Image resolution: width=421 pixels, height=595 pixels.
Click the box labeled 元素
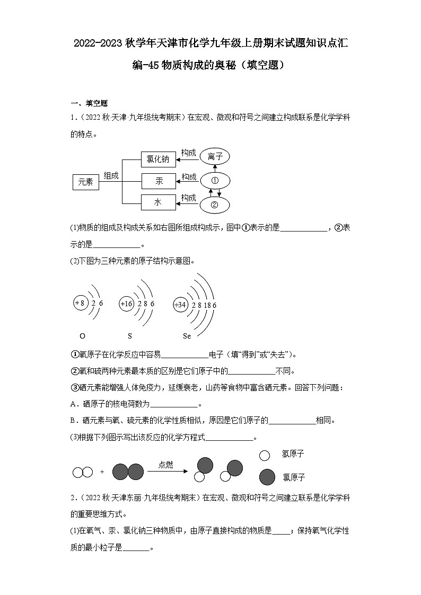(86, 182)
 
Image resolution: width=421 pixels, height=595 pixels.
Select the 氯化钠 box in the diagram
(158, 159)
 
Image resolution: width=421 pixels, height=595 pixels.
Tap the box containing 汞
(158, 181)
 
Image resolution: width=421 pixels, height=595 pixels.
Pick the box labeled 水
(158, 202)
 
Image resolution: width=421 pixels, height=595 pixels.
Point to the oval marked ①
(215, 181)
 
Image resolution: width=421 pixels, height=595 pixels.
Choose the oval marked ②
(214, 205)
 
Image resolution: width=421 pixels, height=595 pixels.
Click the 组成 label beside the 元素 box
(111, 176)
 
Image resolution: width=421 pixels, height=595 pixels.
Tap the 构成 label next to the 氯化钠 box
(189, 152)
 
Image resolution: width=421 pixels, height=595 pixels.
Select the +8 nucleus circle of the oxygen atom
(80, 304)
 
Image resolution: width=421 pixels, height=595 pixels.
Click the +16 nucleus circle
(126, 304)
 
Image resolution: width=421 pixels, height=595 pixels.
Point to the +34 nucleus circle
(180, 305)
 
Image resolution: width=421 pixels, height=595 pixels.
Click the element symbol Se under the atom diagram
(187, 335)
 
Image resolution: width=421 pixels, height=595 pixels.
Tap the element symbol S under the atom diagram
(130, 335)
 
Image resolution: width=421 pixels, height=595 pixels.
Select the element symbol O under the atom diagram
(82, 335)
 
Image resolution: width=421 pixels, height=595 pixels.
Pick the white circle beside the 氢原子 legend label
(265, 455)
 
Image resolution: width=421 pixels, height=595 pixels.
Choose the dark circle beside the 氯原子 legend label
(267, 477)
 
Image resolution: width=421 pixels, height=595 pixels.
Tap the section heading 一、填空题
(89, 103)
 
